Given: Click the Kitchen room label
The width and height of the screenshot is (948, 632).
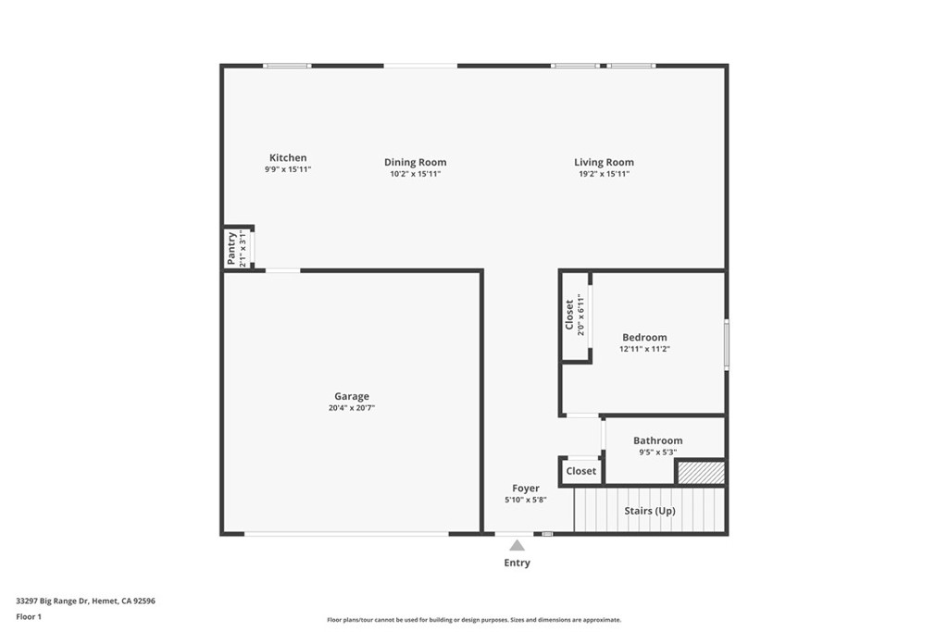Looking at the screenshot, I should (287, 158).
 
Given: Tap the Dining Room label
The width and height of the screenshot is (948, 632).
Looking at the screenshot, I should (415, 163).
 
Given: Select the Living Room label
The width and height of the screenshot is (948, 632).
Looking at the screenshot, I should (604, 163).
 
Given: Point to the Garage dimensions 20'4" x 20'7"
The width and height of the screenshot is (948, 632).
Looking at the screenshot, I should (352, 408).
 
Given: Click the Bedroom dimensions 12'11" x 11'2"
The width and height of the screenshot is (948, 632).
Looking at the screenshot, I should (644, 350).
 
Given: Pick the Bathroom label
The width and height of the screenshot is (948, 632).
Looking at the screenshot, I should (657, 441).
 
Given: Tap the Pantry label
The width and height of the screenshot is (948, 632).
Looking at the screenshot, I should (231, 248).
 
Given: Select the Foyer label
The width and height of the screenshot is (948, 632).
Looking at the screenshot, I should (526, 489).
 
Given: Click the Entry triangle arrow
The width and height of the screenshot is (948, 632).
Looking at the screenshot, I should (517, 546).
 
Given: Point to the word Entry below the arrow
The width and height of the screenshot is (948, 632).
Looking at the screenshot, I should (517, 563).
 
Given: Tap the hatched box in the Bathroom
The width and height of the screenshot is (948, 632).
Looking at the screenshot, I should (700, 472).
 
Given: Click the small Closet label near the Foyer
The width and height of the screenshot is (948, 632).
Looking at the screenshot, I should (581, 471).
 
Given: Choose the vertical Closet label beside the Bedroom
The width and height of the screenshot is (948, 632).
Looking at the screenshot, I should (569, 315).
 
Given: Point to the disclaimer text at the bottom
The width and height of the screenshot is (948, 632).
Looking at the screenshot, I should (473, 620).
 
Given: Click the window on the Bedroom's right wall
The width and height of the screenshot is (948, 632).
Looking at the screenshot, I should (727, 343).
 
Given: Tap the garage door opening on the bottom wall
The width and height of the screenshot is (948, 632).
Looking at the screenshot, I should (346, 534).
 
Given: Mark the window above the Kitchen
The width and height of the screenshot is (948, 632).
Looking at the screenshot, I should (286, 66).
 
